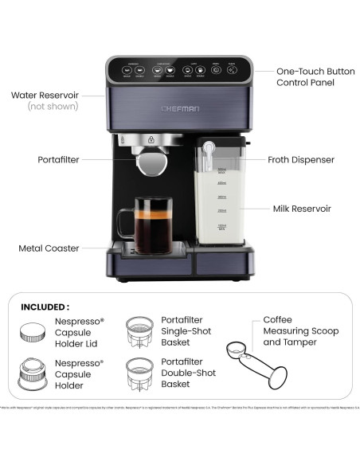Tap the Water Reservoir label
[x=45, y=95]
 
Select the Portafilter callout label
[x=58, y=159]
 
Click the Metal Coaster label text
[x=49, y=248]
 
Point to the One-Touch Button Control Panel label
[x=305, y=76]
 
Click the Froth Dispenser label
[x=300, y=159]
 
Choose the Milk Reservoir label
[x=301, y=209]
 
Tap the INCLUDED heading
[x=45, y=306]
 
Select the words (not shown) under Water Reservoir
[x=45, y=106]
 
